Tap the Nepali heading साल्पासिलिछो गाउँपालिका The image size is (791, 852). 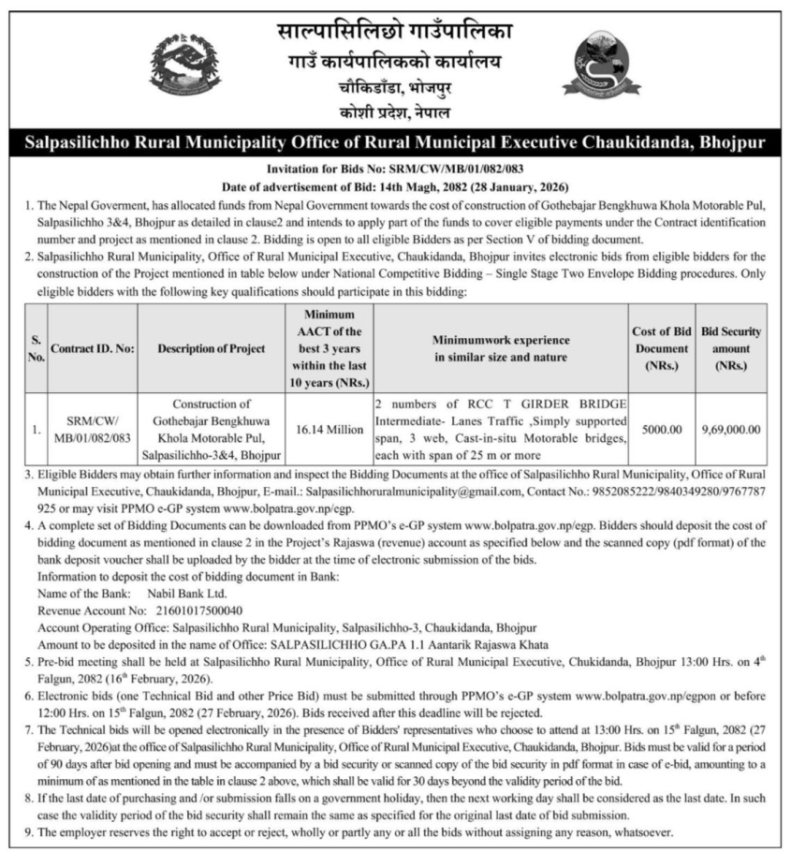[x=394, y=31]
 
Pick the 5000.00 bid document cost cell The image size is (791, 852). [x=661, y=429]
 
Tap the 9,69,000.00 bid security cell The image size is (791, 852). [x=731, y=429]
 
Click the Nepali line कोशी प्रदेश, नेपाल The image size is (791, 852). [x=394, y=113]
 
